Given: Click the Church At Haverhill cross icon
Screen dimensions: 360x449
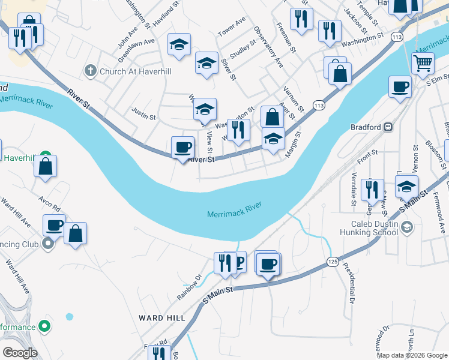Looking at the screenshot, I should pyautogui.click(x=91, y=71).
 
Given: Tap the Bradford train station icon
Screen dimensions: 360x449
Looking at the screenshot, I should pyautogui.click(x=388, y=127).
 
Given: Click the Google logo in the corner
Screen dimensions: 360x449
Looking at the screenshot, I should pyautogui.click(x=20, y=353).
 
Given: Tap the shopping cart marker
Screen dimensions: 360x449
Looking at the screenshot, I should pyautogui.click(x=423, y=62).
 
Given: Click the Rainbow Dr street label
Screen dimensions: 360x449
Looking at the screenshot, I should pyautogui.click(x=189, y=287).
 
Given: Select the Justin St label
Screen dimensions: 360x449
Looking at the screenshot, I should pyautogui.click(x=143, y=111).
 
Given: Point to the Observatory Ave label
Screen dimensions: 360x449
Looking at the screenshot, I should pyautogui.click(x=268, y=46).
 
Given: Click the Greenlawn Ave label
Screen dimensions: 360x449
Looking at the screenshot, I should pyautogui.click(x=136, y=52).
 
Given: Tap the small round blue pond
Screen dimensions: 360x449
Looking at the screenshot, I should pyautogui.click(x=70, y=316).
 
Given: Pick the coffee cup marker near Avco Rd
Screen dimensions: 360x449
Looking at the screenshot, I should pyautogui.click(x=54, y=226).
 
